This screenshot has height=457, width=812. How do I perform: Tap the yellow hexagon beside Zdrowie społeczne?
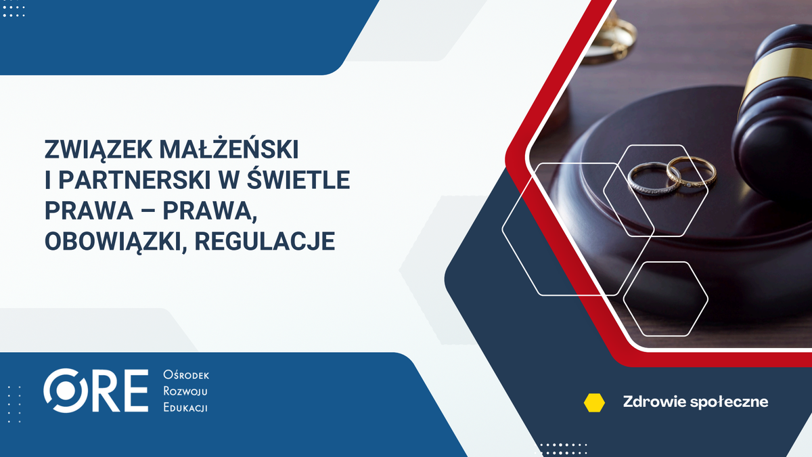pyautogui.click(x=594, y=402)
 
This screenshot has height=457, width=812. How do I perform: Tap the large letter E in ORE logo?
pyautogui.click(x=135, y=391)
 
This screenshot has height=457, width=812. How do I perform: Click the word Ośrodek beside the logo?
pyautogui.click(x=185, y=376)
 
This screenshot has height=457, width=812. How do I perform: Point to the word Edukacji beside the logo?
pyautogui.click(x=185, y=408)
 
